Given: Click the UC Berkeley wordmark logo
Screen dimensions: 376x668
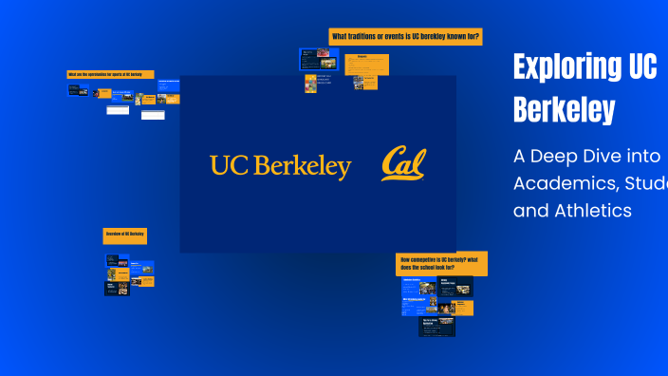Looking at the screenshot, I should pyautogui.click(x=280, y=166).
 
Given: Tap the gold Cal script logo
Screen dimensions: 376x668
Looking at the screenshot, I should pyautogui.click(x=404, y=164).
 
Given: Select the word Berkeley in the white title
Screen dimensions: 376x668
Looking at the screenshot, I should pyautogui.click(x=564, y=110).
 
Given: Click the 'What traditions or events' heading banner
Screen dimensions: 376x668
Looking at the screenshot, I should pyautogui.click(x=405, y=36).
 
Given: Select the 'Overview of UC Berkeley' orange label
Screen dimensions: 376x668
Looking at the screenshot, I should pyautogui.click(x=124, y=234).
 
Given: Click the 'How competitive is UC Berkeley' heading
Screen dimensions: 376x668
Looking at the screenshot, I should pyautogui.click(x=441, y=263).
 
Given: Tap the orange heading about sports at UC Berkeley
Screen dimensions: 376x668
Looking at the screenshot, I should pyautogui.click(x=110, y=74).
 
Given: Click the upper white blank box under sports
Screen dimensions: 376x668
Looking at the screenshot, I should pyautogui.click(x=117, y=110).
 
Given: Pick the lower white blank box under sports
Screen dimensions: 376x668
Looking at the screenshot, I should pyautogui.click(x=152, y=115).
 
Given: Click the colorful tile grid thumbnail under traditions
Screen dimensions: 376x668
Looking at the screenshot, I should pyautogui.click(x=310, y=83).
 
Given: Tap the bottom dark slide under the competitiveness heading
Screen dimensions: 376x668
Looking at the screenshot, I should pyautogui.click(x=436, y=326).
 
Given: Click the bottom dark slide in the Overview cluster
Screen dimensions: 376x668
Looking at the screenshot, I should pyautogui.click(x=117, y=288).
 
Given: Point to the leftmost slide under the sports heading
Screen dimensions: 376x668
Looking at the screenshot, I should pyautogui.click(x=79, y=91).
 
